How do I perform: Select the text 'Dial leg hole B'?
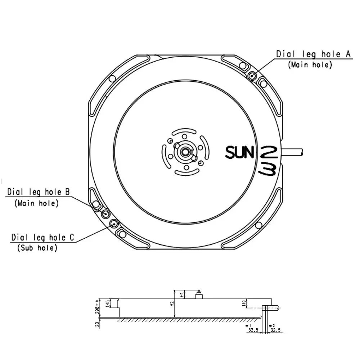[x=39, y=192]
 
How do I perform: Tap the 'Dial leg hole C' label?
[x=43, y=237]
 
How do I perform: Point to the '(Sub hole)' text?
[x=37, y=248]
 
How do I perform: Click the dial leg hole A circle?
[x=252, y=75]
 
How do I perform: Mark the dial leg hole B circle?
[x=106, y=214]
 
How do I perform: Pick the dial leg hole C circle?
[x=114, y=224]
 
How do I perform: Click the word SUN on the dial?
[x=239, y=152]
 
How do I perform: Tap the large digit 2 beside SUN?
[x=269, y=152]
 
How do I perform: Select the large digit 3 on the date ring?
[x=267, y=170]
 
